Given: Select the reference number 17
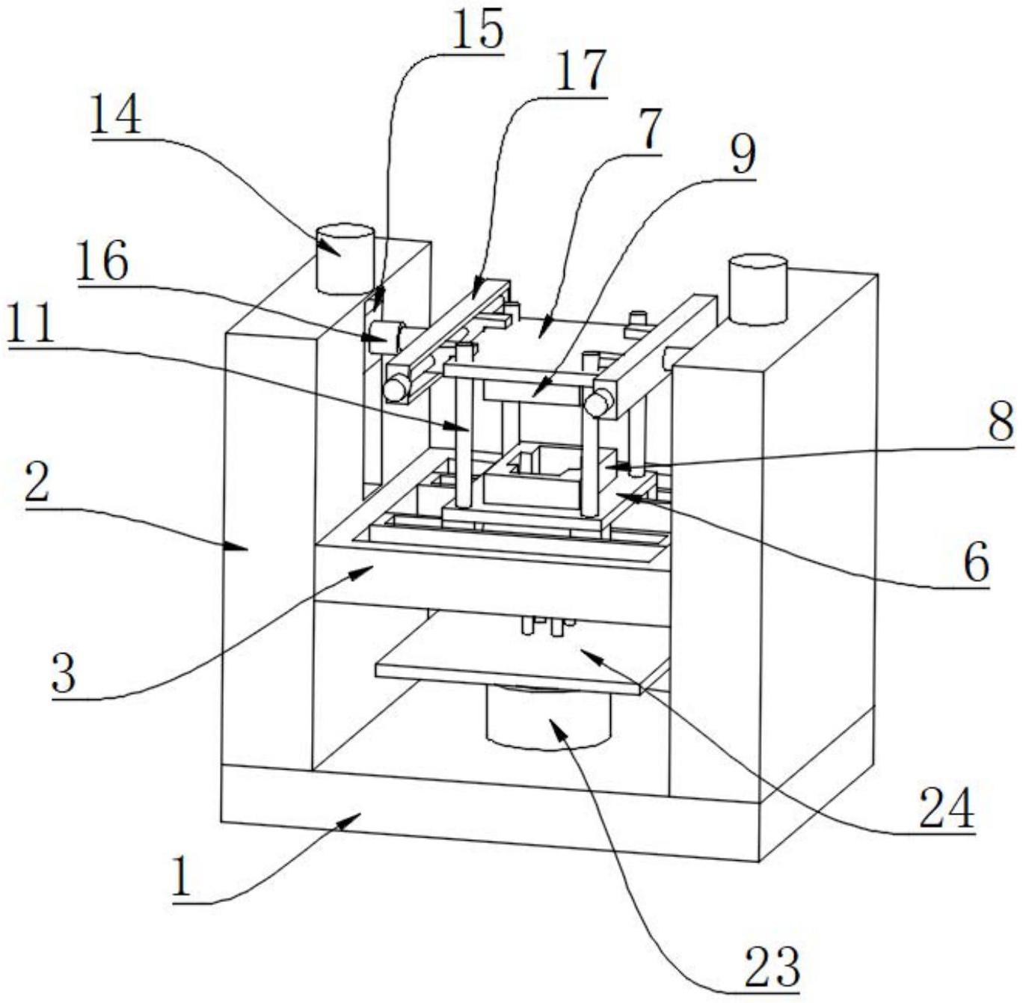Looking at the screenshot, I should coord(580,72).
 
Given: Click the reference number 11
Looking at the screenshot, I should coord(30,326).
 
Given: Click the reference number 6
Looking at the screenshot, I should coord(976,562).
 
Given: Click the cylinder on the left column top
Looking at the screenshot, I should coord(345,258).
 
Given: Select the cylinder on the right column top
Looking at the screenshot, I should coord(758,289).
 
